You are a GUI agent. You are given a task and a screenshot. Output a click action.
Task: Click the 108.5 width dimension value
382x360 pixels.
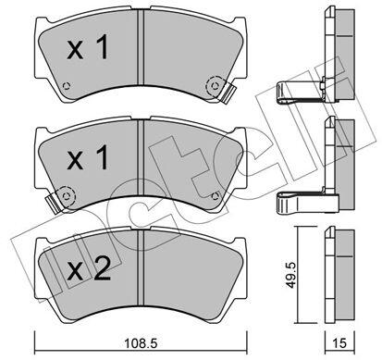141,343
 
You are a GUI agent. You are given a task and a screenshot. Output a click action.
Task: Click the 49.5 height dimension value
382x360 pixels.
290,274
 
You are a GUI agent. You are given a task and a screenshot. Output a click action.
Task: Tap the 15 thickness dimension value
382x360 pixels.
339,343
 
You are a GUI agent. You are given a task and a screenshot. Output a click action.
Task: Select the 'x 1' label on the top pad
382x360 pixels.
88,47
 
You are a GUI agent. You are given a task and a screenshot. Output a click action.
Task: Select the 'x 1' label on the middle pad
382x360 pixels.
88,157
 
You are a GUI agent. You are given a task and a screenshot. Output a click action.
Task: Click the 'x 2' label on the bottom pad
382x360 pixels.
89,268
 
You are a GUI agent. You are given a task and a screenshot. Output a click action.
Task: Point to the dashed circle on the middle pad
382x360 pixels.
67,195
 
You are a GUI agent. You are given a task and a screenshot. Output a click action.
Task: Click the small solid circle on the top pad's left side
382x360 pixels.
67,85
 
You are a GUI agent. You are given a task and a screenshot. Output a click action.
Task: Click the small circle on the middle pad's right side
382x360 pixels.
216,195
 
